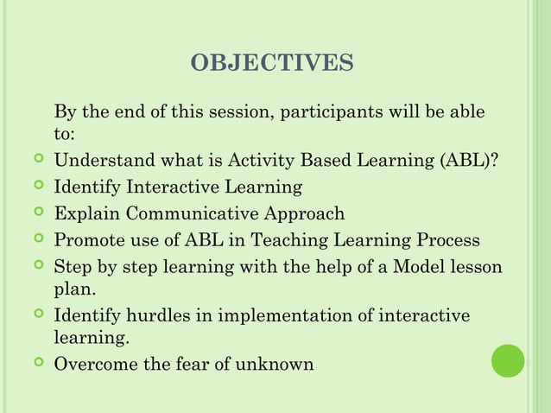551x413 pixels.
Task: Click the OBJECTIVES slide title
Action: coord(272,64)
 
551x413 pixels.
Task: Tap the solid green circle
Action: coord(509,360)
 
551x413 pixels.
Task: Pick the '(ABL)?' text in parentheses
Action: coord(469,162)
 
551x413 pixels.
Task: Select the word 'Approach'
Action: coord(306,214)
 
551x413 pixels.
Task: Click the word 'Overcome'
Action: coord(92,365)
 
